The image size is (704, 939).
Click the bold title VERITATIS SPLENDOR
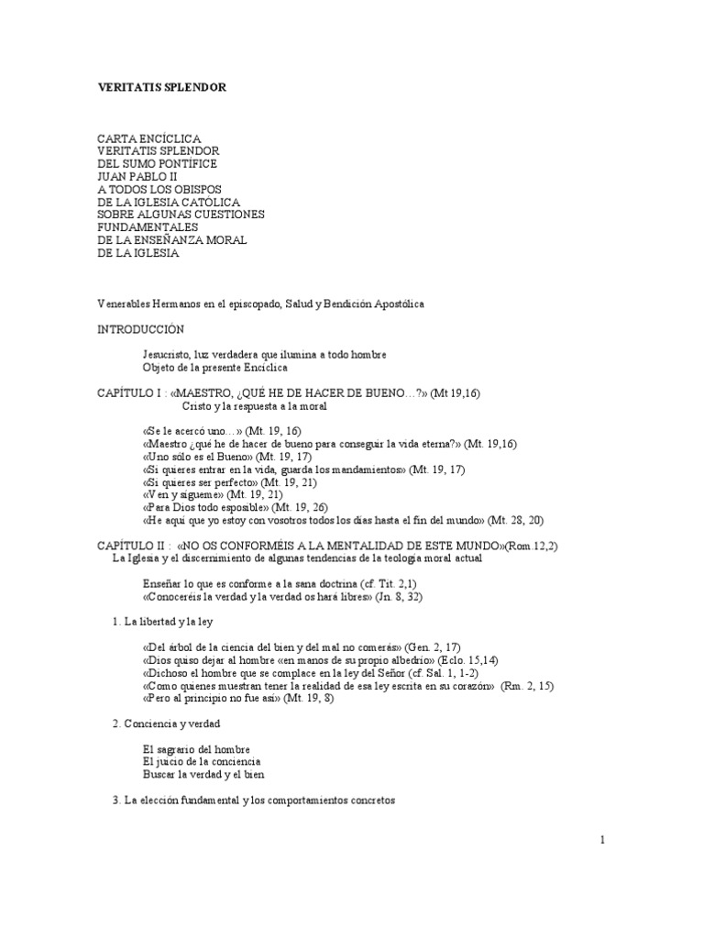[161, 87]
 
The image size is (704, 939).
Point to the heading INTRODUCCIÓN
[141, 327]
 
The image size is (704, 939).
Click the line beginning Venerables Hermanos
[261, 303]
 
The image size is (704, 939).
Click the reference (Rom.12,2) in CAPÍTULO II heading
[538, 545]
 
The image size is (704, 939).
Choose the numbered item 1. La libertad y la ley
[162, 621]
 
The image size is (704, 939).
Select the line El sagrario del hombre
[197, 748]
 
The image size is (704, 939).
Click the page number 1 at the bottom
[602, 839]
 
